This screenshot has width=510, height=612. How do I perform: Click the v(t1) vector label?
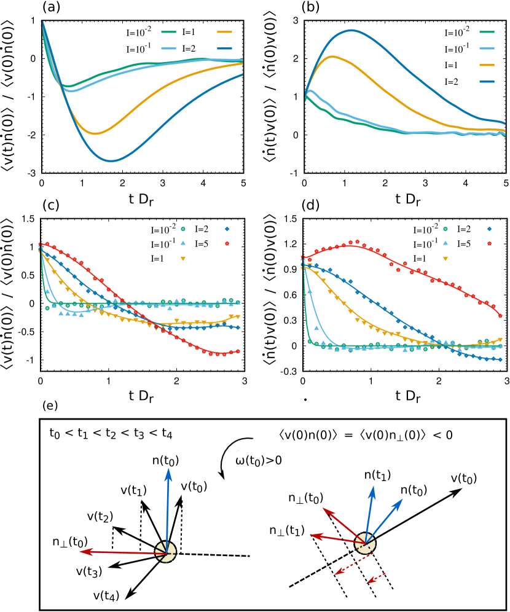pyautogui.click(x=133, y=490)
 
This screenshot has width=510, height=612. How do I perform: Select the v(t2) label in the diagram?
pyautogui.click(x=100, y=517)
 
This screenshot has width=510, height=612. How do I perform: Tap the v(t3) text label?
pyautogui.click(x=89, y=571)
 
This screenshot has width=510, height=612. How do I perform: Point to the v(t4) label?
pyautogui.click(x=106, y=594)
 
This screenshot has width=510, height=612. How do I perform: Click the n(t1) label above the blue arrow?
pyautogui.click(x=377, y=475)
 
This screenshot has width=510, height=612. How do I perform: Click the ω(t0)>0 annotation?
pyautogui.click(x=259, y=460)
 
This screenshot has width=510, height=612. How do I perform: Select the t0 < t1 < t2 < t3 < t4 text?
pyautogui.click(x=111, y=434)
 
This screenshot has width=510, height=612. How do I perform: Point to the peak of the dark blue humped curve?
pyautogui.click(x=351, y=29)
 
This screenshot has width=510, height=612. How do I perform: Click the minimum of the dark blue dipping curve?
pyautogui.click(x=111, y=161)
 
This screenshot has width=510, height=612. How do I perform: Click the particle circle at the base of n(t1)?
pyautogui.click(x=365, y=543)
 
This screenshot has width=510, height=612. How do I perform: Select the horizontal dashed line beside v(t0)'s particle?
pyautogui.click(x=215, y=555)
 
